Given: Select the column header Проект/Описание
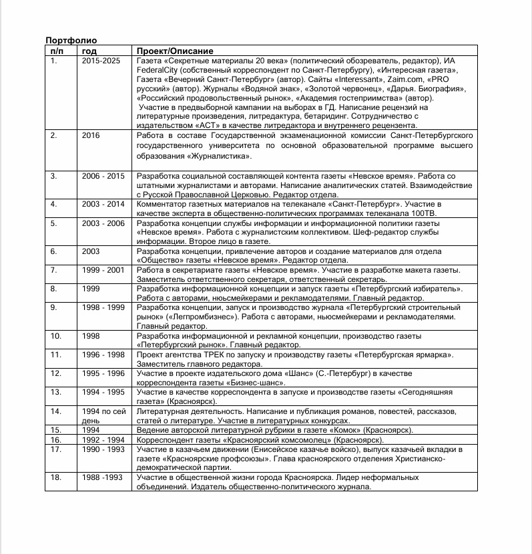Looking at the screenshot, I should (175, 51).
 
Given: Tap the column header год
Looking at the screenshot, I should (89, 51).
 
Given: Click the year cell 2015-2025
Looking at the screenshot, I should (101, 61).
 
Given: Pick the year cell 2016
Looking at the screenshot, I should (91, 135).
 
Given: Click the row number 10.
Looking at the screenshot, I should (56, 336).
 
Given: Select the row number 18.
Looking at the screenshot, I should (56, 478).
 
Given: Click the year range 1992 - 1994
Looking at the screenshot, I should (103, 440).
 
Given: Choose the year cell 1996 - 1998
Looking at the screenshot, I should (103, 355).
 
